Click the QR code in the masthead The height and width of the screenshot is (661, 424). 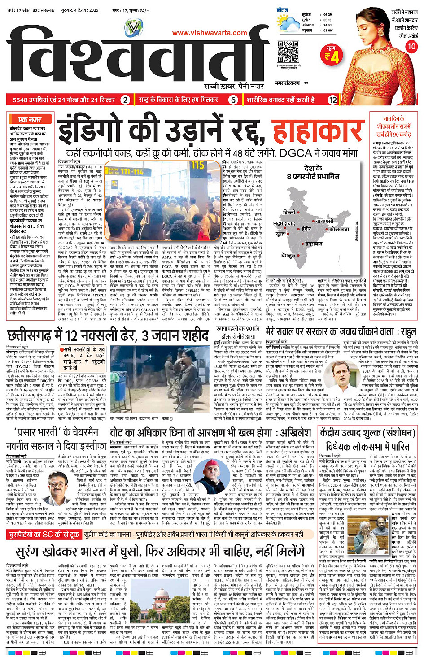point(288,51)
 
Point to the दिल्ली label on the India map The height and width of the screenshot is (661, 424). point(289,212)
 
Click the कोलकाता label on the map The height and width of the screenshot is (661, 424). point(339,229)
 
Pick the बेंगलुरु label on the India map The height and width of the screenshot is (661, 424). point(288,255)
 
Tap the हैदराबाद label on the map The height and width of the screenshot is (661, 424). point(314,244)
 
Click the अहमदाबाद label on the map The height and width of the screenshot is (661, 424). point(284,223)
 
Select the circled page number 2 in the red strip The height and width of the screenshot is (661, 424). point(125,100)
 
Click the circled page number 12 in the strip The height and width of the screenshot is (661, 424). point(332,100)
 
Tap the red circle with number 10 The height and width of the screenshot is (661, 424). point(411,46)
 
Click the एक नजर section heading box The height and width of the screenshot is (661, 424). point(30,120)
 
